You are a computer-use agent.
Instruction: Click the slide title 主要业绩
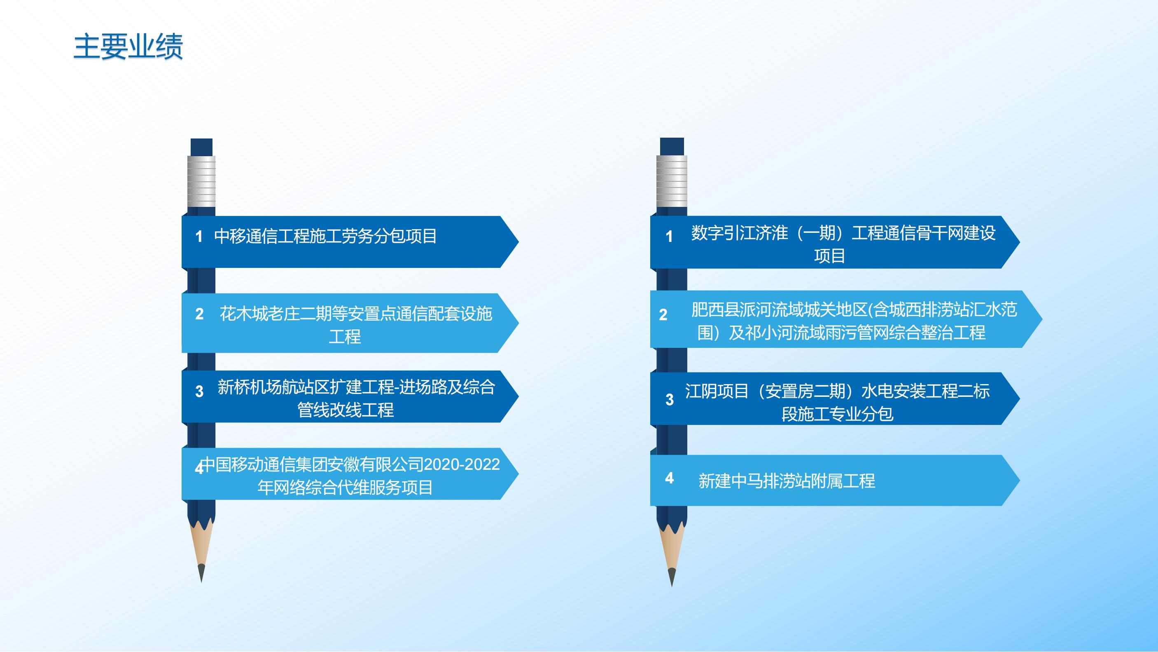[x=128, y=46]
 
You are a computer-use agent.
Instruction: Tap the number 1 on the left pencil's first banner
[x=198, y=236]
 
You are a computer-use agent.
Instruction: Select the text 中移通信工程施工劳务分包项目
[x=325, y=236]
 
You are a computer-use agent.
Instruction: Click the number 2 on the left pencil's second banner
[x=199, y=314]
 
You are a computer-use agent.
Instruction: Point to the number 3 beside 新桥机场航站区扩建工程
[x=199, y=391]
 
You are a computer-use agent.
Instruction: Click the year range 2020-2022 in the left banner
[x=462, y=464]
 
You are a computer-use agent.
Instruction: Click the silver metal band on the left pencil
[x=201, y=181]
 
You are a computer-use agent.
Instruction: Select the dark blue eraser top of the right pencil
[x=672, y=147]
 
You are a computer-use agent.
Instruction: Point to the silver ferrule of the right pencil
[x=672, y=181]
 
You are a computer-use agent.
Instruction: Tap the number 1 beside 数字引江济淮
[x=669, y=236]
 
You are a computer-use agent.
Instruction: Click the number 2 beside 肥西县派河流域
[x=663, y=314]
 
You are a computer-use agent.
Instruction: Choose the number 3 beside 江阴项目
[x=669, y=399]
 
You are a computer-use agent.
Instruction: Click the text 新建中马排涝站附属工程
[x=787, y=481]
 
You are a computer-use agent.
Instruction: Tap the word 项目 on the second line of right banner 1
[x=829, y=256]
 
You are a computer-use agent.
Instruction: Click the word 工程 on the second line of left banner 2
[x=345, y=336]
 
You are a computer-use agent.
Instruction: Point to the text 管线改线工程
[x=345, y=410]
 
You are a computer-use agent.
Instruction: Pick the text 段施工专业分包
[x=837, y=414]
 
